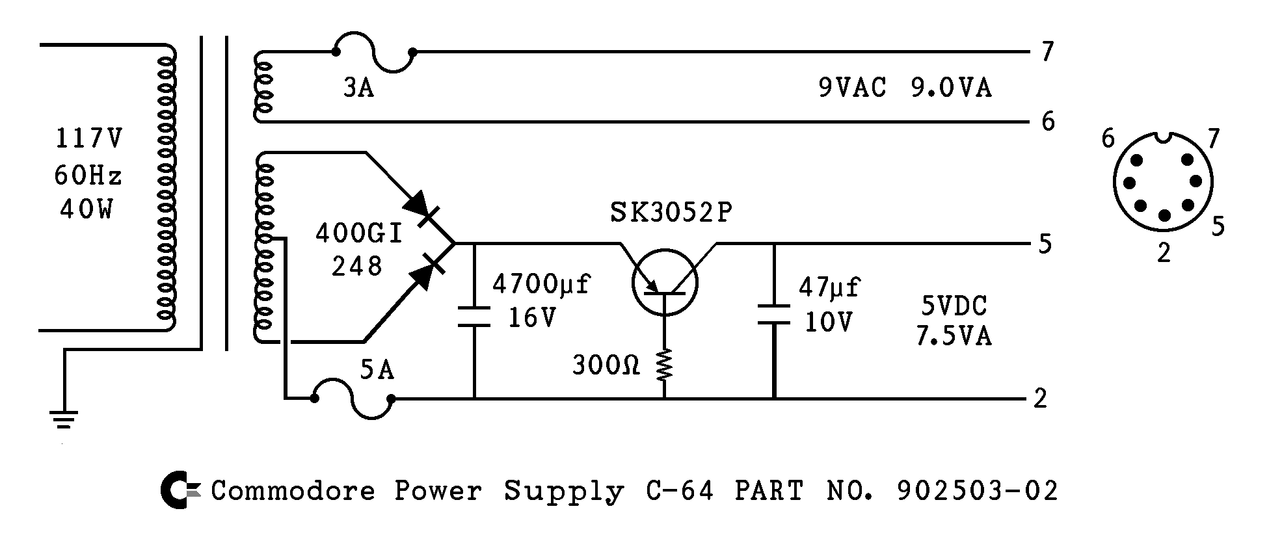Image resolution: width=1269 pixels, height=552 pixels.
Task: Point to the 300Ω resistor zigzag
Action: [665, 365]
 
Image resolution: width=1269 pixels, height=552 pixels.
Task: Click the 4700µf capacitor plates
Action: [474, 315]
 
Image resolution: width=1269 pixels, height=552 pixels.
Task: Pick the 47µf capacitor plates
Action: [774, 314]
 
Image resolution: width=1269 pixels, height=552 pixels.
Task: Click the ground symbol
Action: [64, 419]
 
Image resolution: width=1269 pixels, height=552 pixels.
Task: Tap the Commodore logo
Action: [176, 491]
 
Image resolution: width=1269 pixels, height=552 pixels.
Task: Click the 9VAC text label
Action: [852, 88]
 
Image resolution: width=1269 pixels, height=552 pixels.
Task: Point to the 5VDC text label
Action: [954, 306]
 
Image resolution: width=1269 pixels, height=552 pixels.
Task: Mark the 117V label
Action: [89, 138]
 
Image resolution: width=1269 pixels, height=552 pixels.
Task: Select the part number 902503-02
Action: [977, 491]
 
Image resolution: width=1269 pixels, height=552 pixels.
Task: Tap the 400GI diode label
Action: [359, 233]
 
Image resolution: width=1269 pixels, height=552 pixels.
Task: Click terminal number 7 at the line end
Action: [1047, 52]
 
